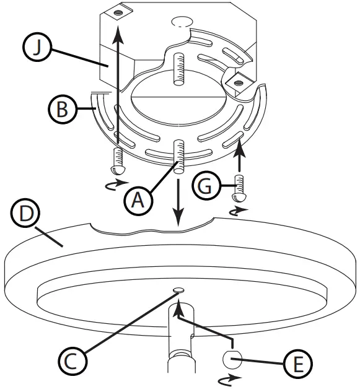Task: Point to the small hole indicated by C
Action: point(179,290)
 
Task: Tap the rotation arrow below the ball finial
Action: point(228,378)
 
